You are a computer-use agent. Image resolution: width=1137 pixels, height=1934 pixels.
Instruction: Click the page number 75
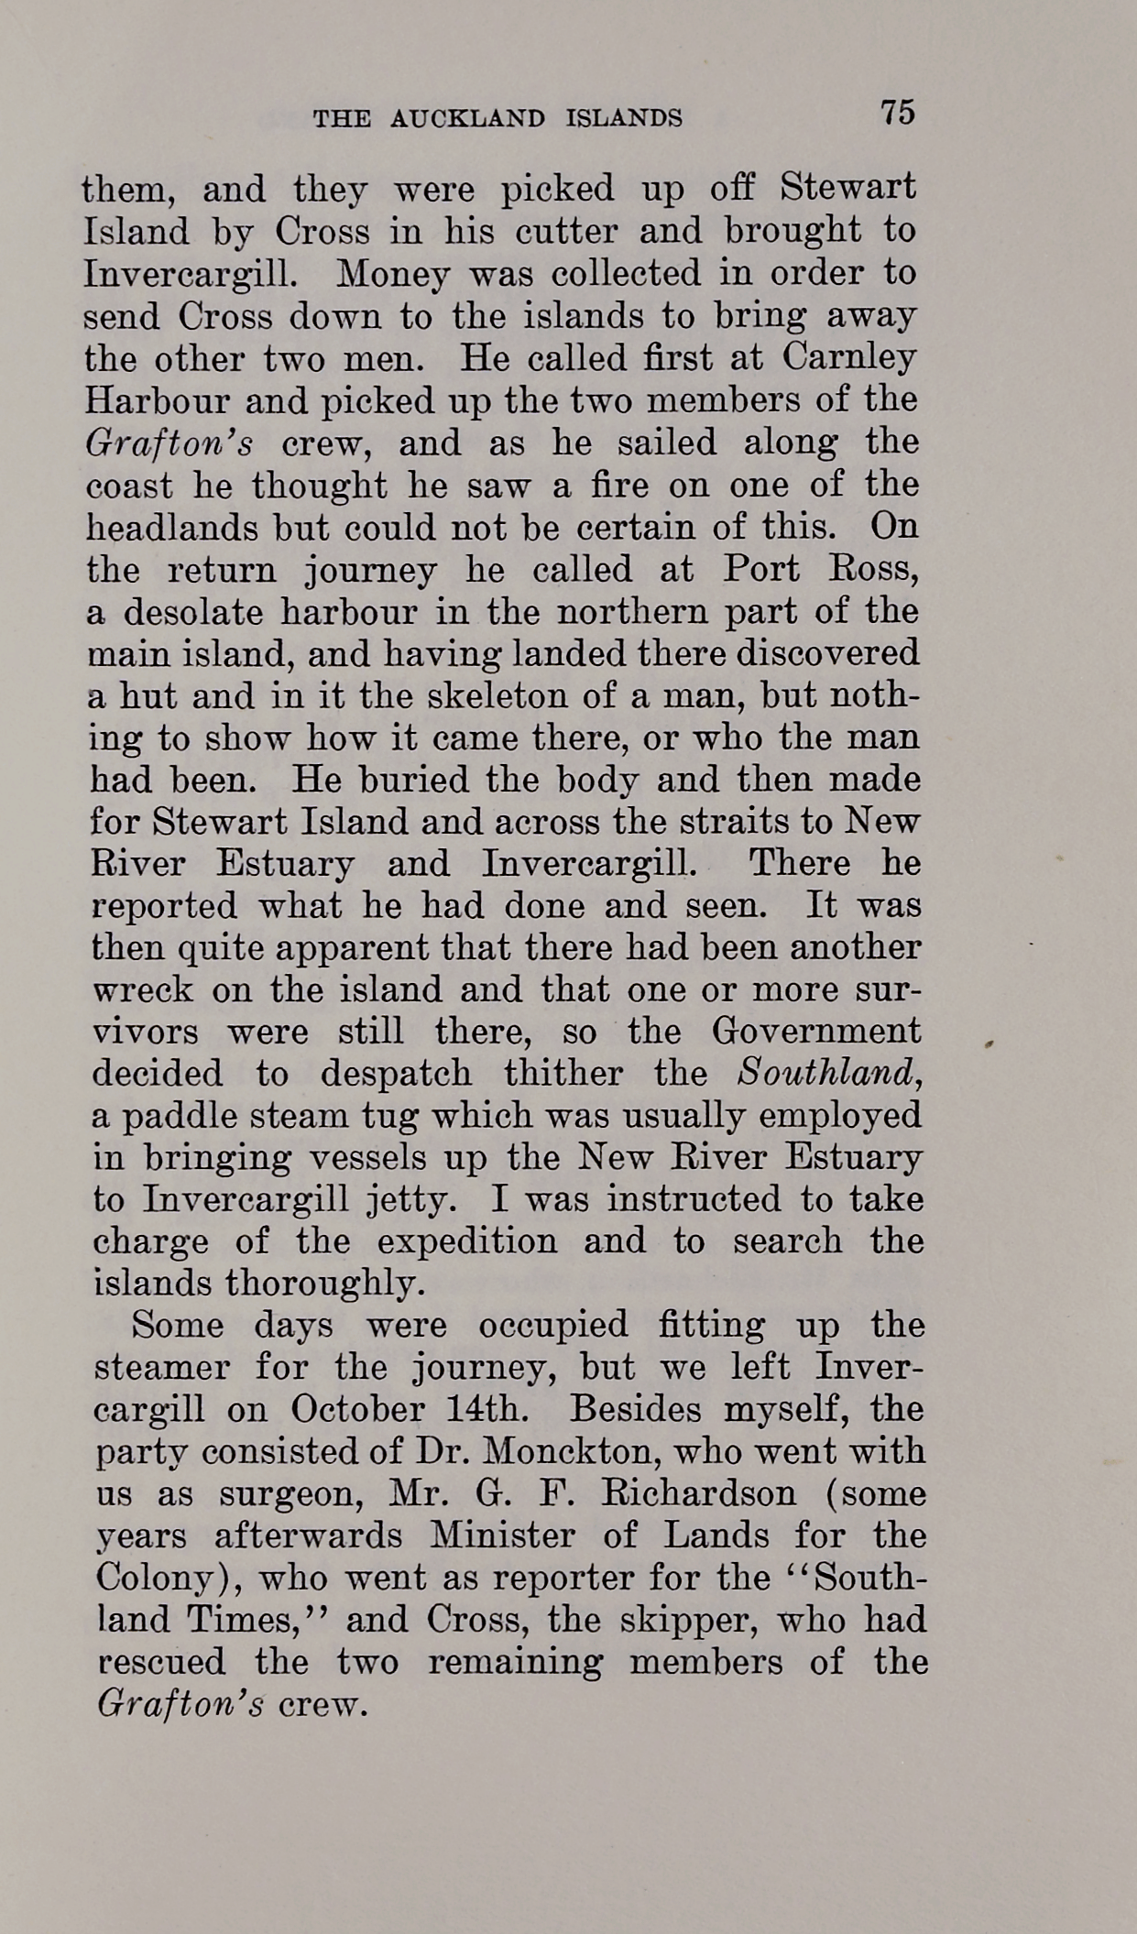pos(897,113)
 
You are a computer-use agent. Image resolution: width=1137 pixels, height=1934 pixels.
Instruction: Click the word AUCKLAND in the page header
pos(468,118)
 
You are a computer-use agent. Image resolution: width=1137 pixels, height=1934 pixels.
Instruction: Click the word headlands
pos(170,527)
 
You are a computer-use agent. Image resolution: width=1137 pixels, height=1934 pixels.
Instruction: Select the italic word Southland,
pos(829,1074)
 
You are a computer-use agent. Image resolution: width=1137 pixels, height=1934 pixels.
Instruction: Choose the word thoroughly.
pos(325,1284)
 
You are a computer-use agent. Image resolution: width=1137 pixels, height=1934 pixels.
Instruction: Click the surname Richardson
pos(698,1494)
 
